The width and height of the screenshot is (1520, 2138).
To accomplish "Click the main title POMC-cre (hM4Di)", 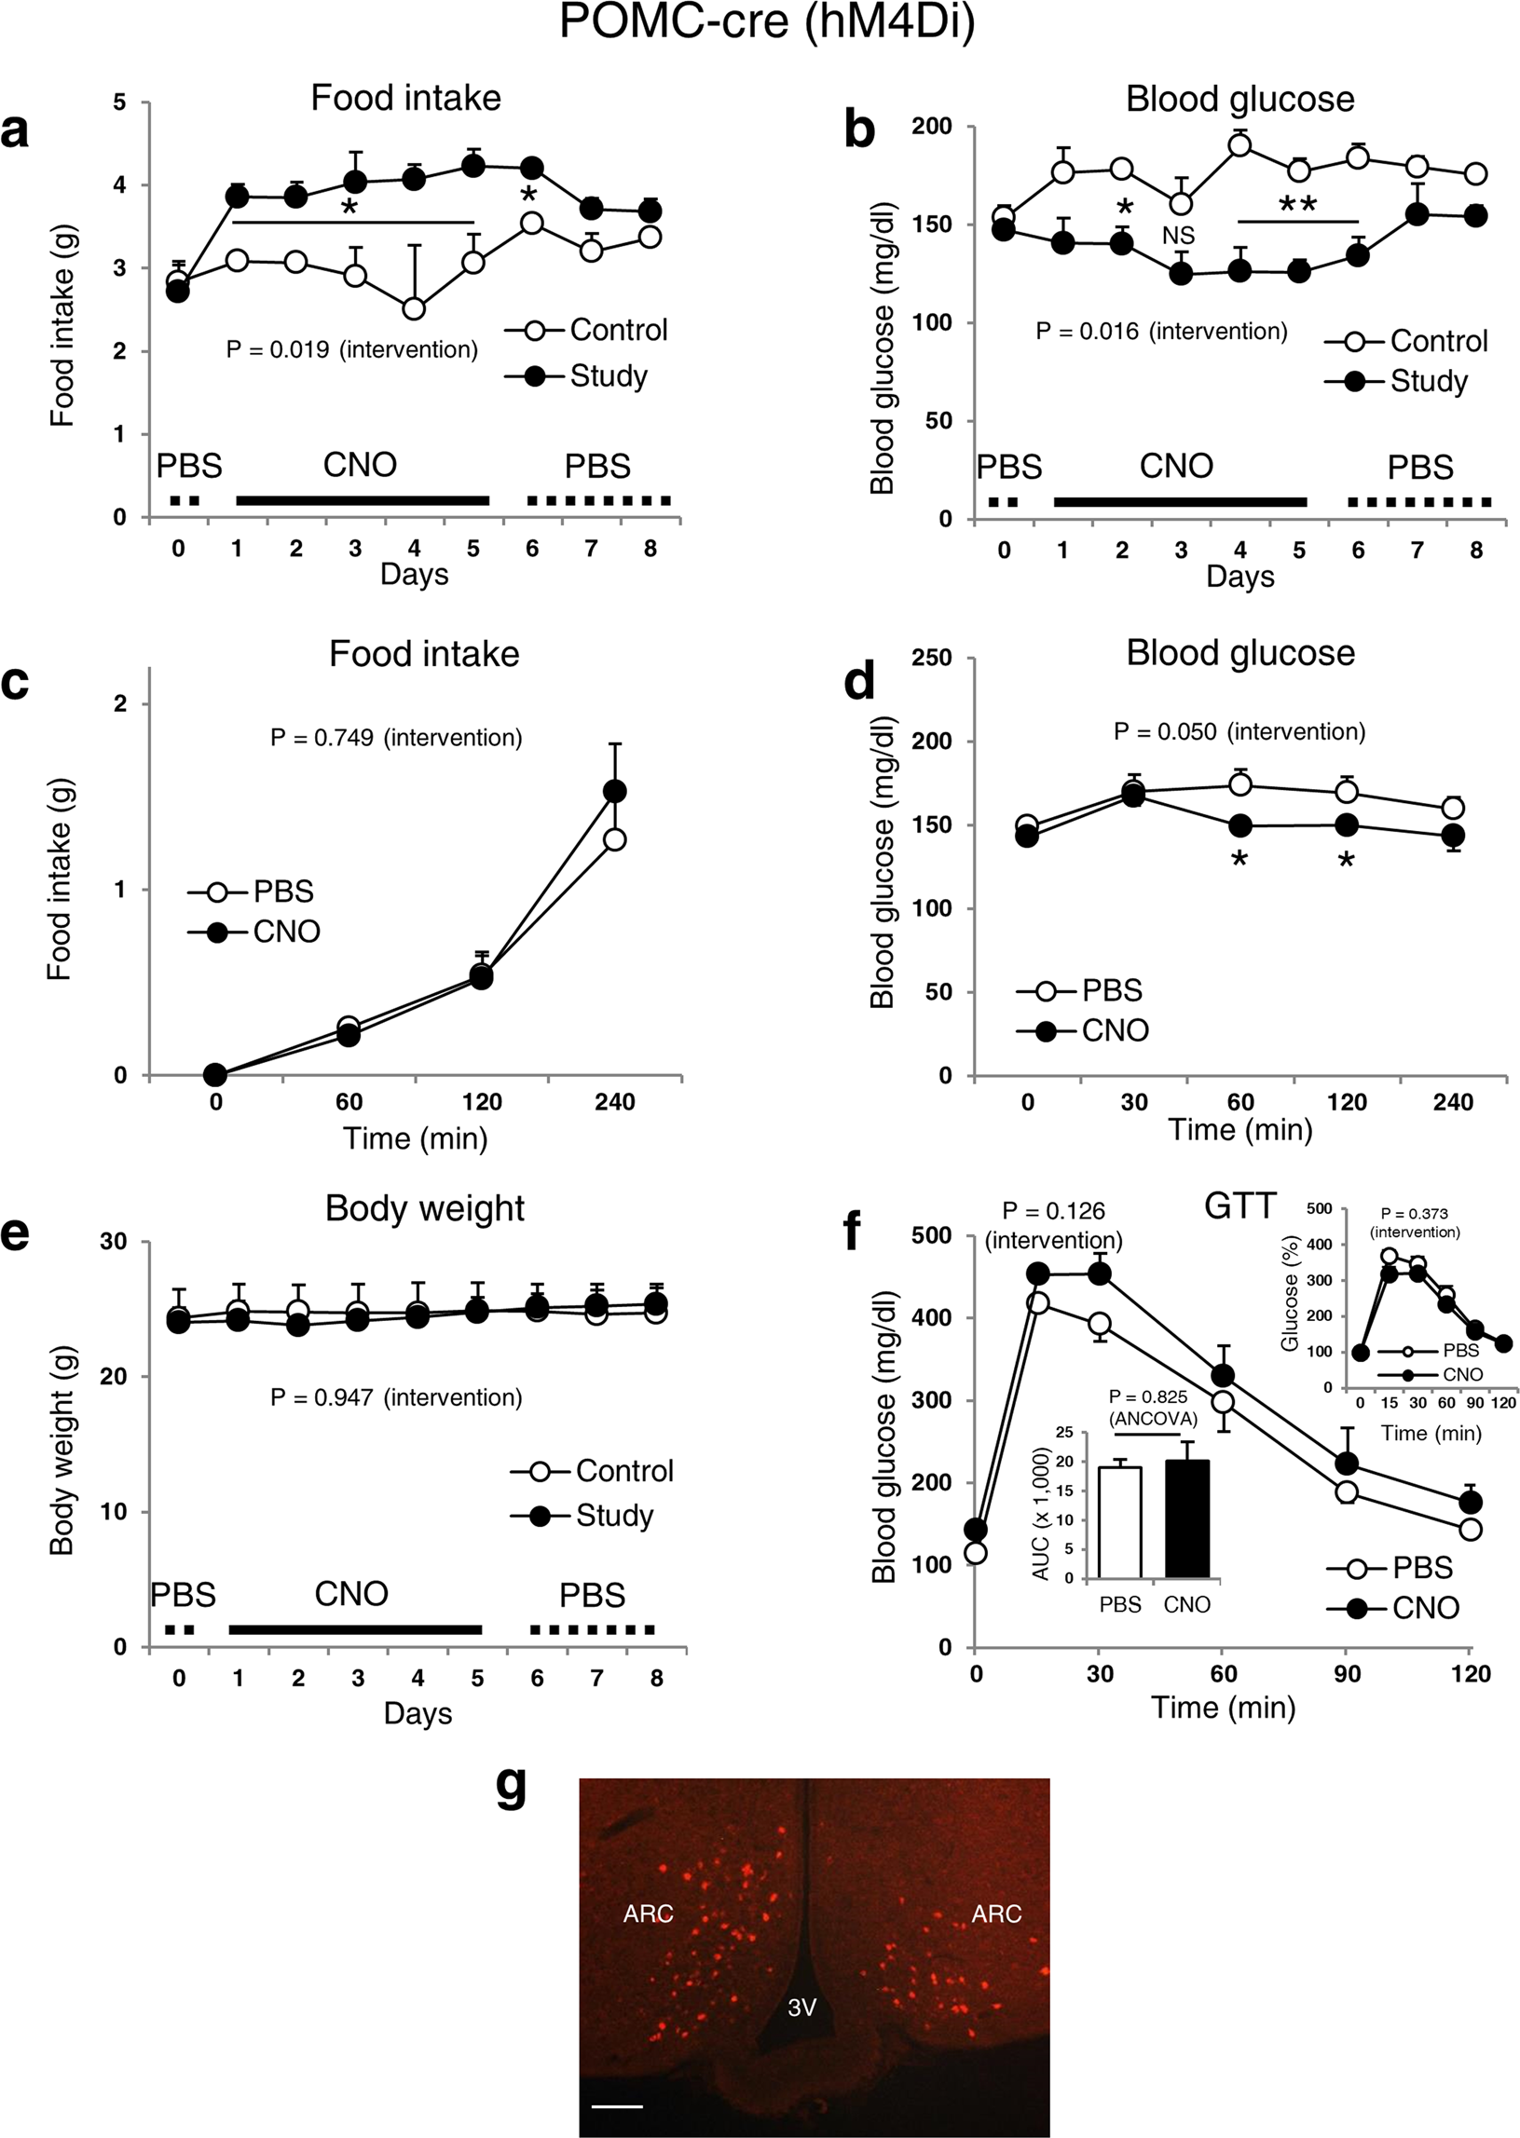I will (x=767, y=22).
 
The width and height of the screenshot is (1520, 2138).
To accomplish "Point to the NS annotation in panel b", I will (x=1177, y=236).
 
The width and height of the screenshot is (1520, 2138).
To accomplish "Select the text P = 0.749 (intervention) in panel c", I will (x=396, y=738).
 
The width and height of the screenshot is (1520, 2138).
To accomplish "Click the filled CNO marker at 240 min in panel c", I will (x=615, y=792).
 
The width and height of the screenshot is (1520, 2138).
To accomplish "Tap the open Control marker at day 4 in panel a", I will (x=414, y=308).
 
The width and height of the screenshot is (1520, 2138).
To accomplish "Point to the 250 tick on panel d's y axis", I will (x=931, y=658).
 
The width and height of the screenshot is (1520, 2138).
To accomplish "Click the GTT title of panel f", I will (x=1239, y=1207).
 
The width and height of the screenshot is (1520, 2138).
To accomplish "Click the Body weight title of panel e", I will (x=424, y=1208).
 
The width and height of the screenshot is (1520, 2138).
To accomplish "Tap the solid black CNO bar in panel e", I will (x=355, y=1629).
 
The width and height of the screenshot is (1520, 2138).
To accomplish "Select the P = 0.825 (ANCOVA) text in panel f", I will (x=1152, y=1409).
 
